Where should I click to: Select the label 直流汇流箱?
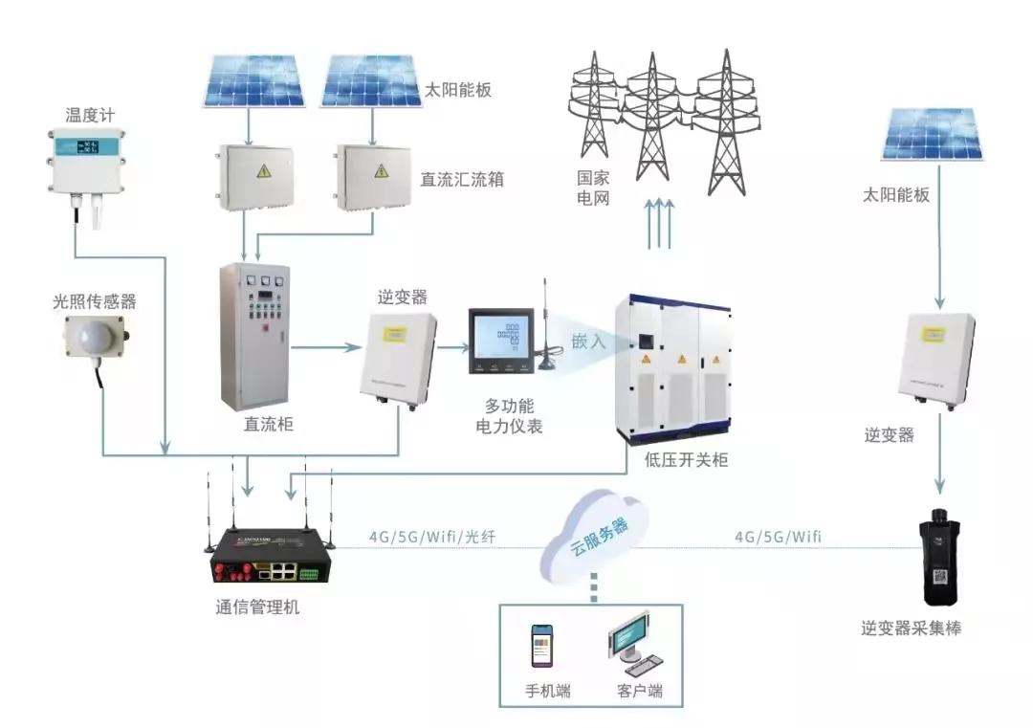pos(463,179)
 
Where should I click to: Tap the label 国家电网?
pos(593,188)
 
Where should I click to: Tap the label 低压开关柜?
pos(687,460)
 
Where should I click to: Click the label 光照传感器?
pos(94,301)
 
